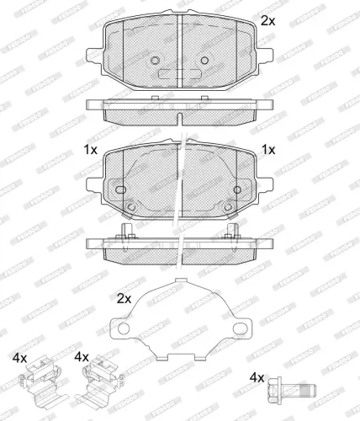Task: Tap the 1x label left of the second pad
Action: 89,149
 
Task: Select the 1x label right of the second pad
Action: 268,149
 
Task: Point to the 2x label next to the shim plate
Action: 124,298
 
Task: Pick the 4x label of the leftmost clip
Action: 20,358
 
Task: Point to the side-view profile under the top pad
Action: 180,109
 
